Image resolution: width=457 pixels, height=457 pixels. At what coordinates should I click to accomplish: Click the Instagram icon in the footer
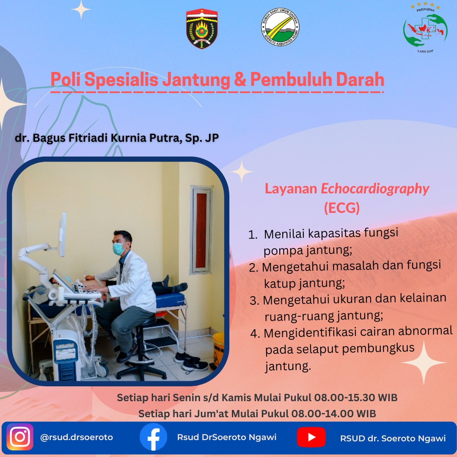[20, 437]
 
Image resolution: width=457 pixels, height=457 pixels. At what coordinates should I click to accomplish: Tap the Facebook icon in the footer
[153, 437]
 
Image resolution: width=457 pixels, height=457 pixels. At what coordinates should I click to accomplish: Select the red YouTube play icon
[311, 437]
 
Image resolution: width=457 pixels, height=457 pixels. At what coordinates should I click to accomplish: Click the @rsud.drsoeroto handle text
[76, 437]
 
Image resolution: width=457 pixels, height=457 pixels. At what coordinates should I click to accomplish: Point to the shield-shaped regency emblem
[202, 28]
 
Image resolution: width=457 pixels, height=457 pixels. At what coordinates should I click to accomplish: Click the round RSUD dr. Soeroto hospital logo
[280, 27]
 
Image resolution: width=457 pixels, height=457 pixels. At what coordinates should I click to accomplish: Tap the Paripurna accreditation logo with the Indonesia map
[425, 28]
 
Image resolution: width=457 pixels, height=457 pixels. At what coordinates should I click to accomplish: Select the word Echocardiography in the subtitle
[375, 189]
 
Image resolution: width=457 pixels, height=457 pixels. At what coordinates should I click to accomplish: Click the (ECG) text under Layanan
[342, 208]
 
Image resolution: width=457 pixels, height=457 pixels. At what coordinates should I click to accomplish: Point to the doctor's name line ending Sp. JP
[117, 138]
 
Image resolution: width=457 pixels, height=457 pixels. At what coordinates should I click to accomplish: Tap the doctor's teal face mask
[118, 249]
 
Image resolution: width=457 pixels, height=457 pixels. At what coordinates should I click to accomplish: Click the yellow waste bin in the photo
[218, 350]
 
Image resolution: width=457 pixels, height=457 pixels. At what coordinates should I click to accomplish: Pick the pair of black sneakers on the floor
[191, 362]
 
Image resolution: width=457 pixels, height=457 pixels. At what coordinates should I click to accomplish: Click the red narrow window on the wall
[201, 230]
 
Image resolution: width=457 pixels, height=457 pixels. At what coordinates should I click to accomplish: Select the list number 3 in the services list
[254, 300]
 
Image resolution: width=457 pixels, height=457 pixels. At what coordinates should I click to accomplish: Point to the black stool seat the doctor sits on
[145, 320]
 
